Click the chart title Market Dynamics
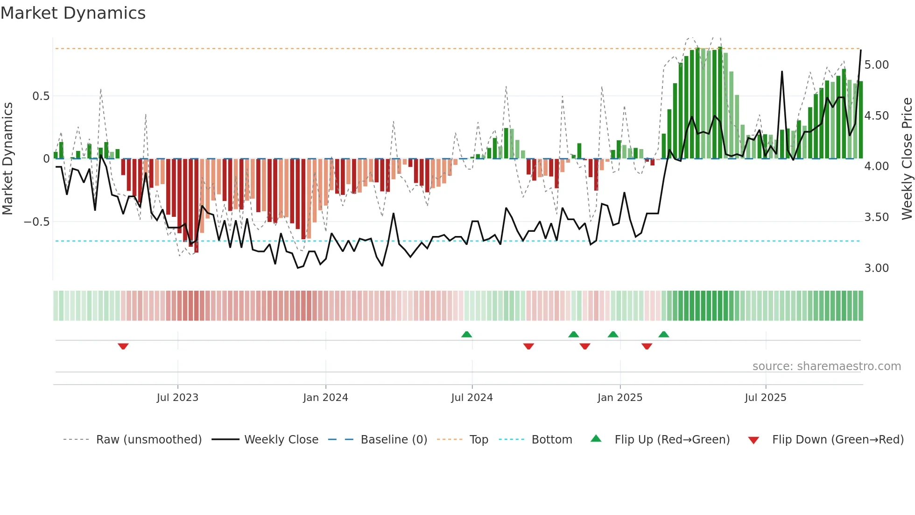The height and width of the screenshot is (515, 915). [x=73, y=13]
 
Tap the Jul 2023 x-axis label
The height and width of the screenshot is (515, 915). [x=177, y=398]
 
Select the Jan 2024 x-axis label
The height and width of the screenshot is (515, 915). [x=325, y=398]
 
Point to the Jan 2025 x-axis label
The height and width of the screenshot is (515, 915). [x=620, y=398]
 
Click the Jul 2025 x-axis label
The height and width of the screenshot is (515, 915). [x=766, y=398]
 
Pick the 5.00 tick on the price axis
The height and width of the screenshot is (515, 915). [x=876, y=65]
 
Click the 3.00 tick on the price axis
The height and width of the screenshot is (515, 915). [x=876, y=268]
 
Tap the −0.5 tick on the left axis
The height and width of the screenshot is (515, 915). [x=37, y=222]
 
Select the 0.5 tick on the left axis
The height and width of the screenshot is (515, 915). [x=41, y=96]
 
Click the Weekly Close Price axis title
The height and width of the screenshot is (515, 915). [x=907, y=158]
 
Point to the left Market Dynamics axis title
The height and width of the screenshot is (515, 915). [x=7, y=158]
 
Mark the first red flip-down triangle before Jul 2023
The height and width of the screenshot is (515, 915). [x=123, y=346]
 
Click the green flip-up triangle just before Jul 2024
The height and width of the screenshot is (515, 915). [x=466, y=334]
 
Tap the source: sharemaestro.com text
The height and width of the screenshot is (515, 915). [x=826, y=366]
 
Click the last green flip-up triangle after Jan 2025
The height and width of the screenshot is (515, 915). [x=664, y=334]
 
